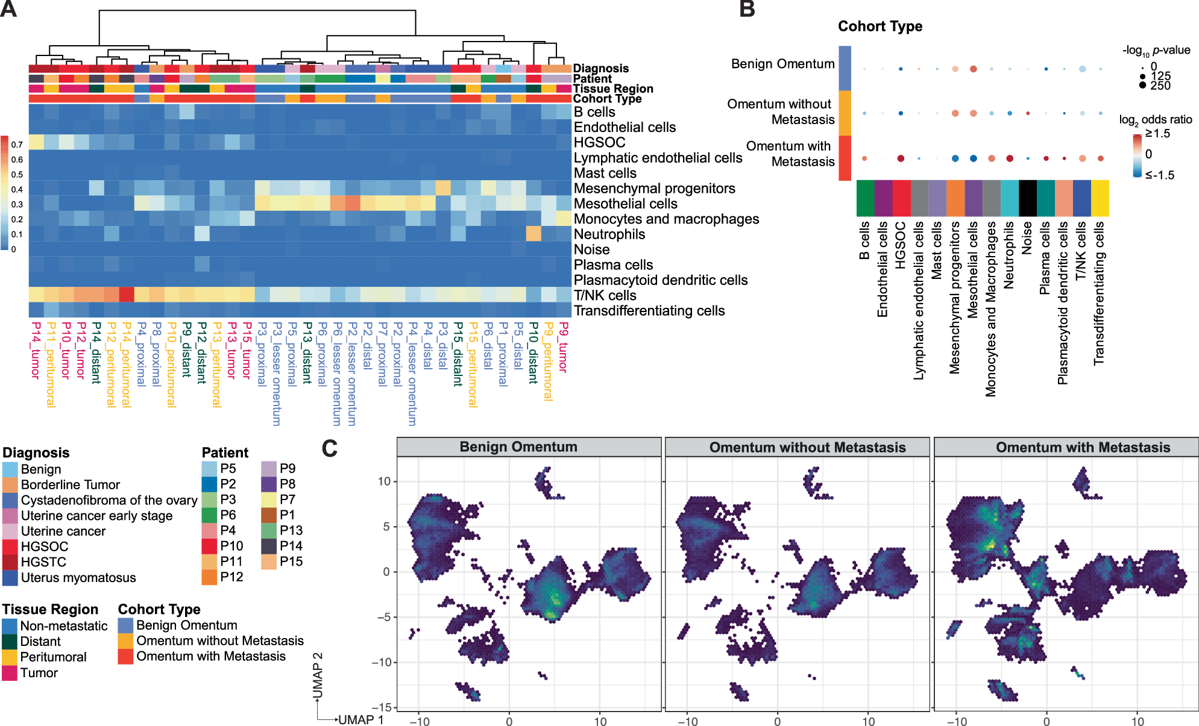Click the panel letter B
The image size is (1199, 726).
click(747, 9)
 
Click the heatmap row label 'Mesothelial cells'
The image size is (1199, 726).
click(625, 204)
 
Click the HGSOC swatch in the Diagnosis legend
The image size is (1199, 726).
click(10, 546)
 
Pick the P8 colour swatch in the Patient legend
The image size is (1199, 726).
click(269, 484)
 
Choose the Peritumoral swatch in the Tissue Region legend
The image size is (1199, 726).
click(10, 657)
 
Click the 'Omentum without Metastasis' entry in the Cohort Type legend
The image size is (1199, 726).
click(219, 640)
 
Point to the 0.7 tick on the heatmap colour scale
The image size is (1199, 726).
click(17, 145)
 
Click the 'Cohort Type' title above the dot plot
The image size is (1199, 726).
click(880, 27)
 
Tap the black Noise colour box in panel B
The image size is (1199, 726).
click(1028, 198)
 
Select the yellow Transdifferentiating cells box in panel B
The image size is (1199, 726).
click(1100, 198)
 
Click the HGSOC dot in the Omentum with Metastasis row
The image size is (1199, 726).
click(901, 158)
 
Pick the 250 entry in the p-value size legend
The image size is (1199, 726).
click(1160, 86)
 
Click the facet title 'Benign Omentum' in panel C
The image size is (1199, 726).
click(518, 447)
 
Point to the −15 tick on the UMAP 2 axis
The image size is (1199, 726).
click(383, 707)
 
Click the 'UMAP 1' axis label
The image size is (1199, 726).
click(360, 720)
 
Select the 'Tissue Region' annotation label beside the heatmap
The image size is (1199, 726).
click(612, 89)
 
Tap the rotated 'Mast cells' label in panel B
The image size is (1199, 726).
click(937, 251)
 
